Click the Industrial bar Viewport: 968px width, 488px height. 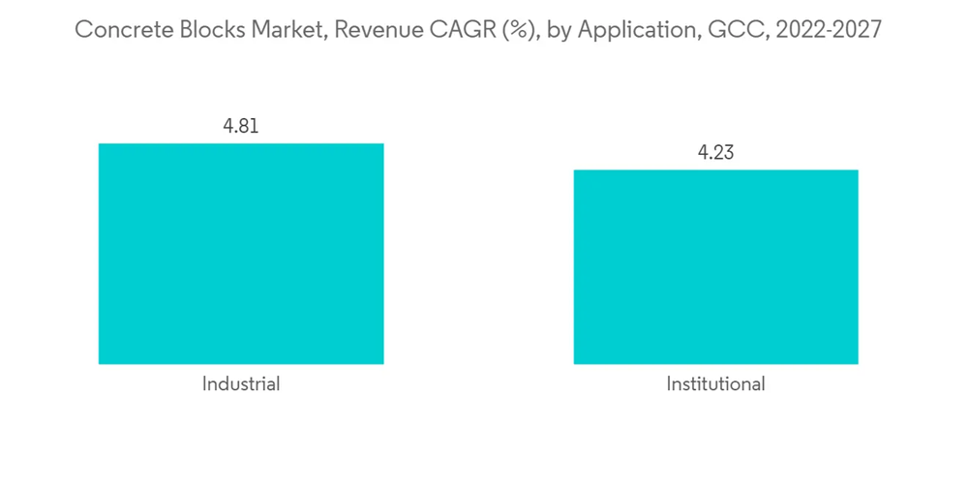241,254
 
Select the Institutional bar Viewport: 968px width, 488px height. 715,267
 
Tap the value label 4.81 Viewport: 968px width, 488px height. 241,126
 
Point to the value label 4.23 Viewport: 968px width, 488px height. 715,153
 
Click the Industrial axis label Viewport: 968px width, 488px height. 241,383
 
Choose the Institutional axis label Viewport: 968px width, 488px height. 715,383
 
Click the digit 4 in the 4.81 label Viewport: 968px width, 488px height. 228,126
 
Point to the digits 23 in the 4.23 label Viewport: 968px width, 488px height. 724,153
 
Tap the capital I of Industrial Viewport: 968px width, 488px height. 205,383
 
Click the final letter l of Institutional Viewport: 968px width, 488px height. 762,383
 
